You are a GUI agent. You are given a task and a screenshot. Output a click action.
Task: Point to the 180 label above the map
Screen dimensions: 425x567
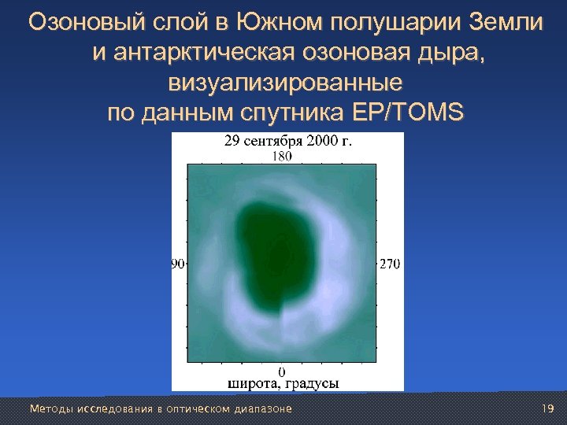[282, 156]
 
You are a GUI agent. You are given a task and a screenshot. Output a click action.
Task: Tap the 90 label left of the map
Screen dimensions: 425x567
[178, 264]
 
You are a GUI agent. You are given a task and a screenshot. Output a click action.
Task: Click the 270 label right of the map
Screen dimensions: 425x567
[390, 264]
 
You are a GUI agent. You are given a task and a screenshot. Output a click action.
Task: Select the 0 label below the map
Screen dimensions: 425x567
[283, 371]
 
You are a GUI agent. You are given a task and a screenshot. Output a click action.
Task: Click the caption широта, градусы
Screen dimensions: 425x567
[283, 383]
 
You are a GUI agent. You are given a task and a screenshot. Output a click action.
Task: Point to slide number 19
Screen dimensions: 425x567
[549, 408]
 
